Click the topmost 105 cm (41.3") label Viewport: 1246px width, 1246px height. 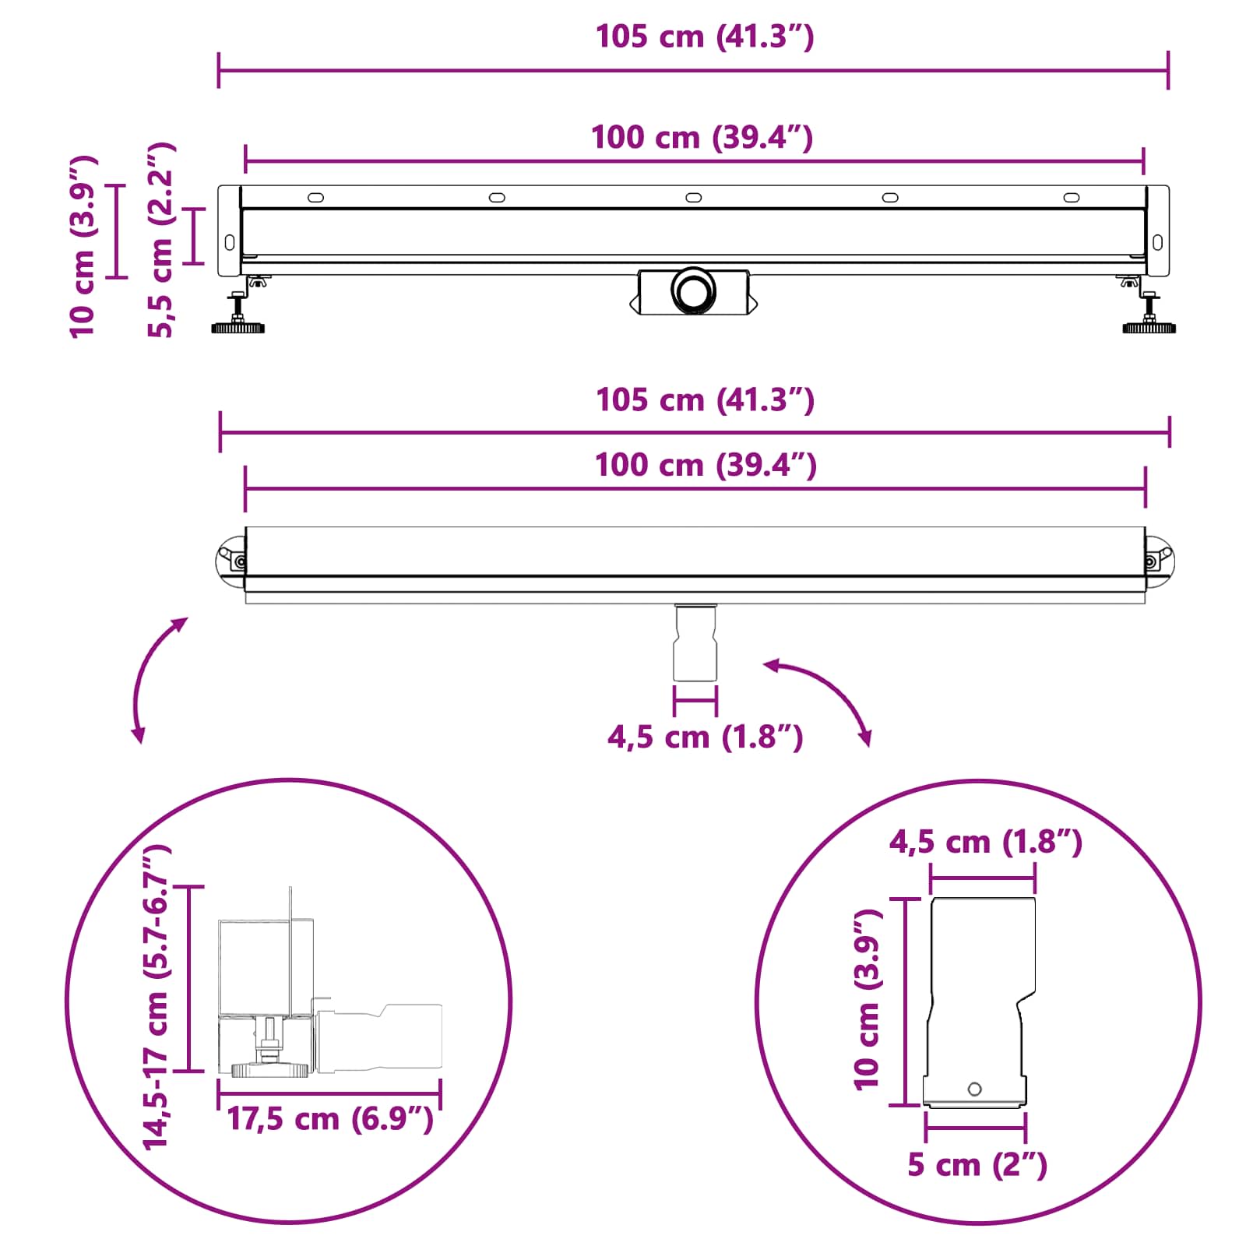(x=705, y=37)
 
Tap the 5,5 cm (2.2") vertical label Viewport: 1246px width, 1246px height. (x=161, y=240)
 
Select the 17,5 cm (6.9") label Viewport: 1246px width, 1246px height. (x=329, y=1119)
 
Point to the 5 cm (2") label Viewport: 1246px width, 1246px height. (x=977, y=1165)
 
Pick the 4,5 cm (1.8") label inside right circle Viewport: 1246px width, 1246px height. (x=986, y=842)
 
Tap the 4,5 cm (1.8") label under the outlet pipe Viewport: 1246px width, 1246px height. (x=705, y=737)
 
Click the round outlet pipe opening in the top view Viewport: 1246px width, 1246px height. (x=692, y=290)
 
